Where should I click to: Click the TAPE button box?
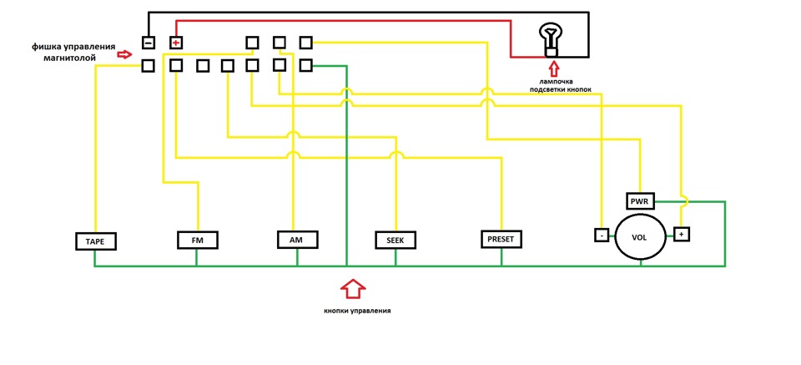(x=95, y=241)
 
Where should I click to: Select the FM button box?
(x=197, y=240)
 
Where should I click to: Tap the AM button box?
(x=297, y=239)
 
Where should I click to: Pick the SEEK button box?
(x=395, y=240)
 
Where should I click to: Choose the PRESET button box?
(x=501, y=239)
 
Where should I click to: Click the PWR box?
(x=640, y=201)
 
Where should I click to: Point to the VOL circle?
(x=641, y=238)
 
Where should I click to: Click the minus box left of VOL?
(x=602, y=236)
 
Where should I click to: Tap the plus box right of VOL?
(x=681, y=235)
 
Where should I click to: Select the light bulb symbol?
(x=550, y=41)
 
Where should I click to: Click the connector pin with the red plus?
(x=176, y=42)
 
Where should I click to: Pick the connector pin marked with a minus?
(x=148, y=43)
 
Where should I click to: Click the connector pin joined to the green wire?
(x=305, y=65)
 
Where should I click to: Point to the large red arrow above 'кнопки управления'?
(x=353, y=288)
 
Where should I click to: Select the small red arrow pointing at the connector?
(x=124, y=54)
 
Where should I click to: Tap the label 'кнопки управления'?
(x=357, y=311)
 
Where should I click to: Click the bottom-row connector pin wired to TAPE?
(x=148, y=66)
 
